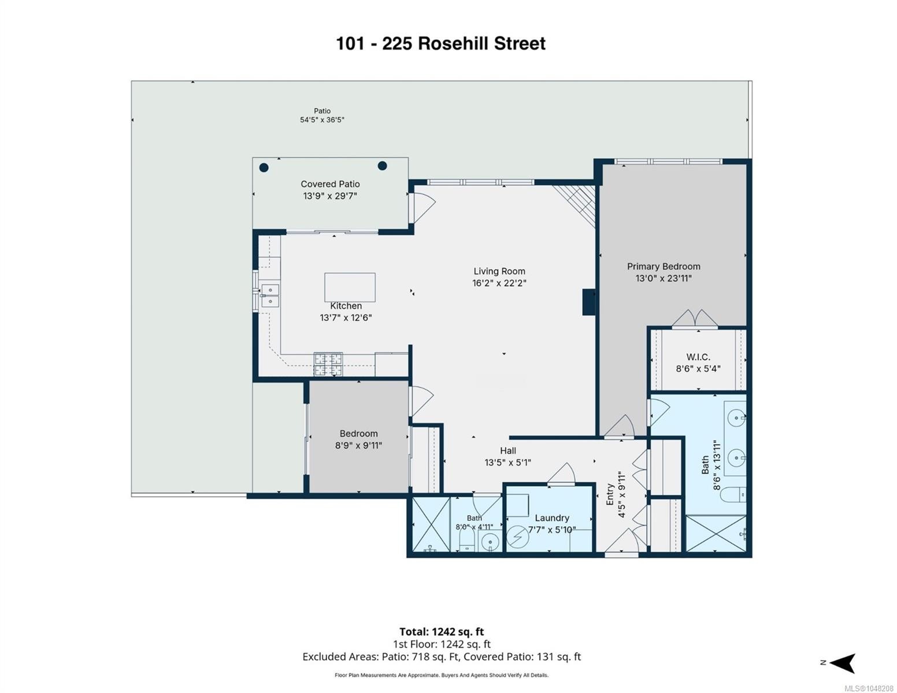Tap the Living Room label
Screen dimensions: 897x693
[x=499, y=271]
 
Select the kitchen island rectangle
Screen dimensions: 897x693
[x=350, y=288]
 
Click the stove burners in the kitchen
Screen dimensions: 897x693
[x=328, y=364]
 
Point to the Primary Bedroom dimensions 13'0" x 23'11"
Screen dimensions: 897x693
[x=664, y=278]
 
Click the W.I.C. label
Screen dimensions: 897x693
[x=698, y=357]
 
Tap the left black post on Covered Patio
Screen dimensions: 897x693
[x=264, y=168]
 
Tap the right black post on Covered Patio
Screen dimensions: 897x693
[x=382, y=166]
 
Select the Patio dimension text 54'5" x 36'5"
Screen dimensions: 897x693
[x=322, y=120]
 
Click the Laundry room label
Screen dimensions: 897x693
[x=552, y=518]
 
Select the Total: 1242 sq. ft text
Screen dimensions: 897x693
[x=442, y=632]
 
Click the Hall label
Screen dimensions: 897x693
[x=507, y=450]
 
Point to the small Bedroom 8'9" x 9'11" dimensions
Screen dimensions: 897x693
[x=358, y=445]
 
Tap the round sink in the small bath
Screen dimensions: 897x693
[x=490, y=541]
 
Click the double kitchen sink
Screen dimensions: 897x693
[x=270, y=296]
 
